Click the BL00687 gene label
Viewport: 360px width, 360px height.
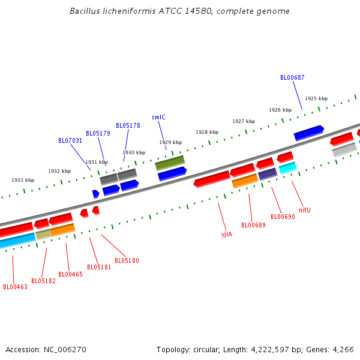[x=292, y=77]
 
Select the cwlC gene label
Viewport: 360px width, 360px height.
[x=158, y=117]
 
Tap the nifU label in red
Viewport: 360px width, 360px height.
[x=305, y=210]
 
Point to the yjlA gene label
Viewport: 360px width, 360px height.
[x=226, y=234]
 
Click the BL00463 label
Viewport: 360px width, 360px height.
[x=15, y=287]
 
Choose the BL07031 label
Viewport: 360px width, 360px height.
[x=70, y=140]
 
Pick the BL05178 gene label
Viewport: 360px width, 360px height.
[x=128, y=125]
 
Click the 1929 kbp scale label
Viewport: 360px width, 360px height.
[x=170, y=142]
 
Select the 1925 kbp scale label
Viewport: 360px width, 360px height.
[x=316, y=98]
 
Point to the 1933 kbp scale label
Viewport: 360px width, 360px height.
[x=23, y=180]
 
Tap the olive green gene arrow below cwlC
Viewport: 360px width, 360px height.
[x=170, y=162]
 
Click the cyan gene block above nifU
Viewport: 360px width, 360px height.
[x=287, y=168]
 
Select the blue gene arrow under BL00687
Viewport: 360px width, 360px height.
[x=308, y=133]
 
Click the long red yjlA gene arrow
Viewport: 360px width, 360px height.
[x=212, y=179]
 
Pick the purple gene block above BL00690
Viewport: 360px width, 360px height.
[x=268, y=174]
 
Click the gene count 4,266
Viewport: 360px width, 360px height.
[x=343, y=349]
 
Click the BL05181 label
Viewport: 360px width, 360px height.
[x=99, y=267]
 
